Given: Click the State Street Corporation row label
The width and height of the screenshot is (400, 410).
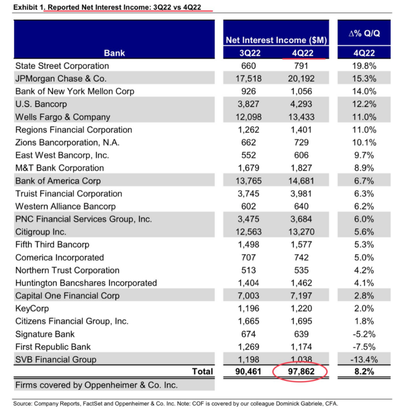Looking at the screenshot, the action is [62, 66].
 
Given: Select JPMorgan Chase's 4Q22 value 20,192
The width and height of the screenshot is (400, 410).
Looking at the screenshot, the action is [301, 78].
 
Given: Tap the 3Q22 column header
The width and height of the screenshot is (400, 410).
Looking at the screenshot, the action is [250, 53].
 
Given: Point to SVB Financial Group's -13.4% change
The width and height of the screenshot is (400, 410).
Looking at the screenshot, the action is [364, 360].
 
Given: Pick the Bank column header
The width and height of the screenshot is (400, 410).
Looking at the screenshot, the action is [114, 53].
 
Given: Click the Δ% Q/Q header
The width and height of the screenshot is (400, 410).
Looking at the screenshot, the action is [364, 34].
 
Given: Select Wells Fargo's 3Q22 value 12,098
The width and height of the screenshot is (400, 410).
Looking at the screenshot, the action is [249, 117].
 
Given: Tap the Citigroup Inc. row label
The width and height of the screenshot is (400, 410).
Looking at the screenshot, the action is [41, 232].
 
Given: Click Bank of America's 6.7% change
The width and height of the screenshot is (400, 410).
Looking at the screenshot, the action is [364, 181].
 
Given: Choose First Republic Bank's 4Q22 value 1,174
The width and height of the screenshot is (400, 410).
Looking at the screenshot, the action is [301, 347].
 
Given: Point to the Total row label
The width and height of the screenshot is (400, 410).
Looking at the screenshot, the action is [203, 371].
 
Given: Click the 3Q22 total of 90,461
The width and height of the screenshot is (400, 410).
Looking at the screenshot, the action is [248, 371].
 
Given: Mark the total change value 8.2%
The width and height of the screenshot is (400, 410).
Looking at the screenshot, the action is [364, 371].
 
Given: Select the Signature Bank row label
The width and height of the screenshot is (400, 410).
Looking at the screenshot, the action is [45, 334].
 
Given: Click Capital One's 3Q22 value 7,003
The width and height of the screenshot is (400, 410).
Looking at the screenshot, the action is [249, 296].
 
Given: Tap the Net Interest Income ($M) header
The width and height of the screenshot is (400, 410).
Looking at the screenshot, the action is [276, 40].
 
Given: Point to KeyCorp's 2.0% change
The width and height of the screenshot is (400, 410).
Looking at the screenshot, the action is [364, 309].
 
